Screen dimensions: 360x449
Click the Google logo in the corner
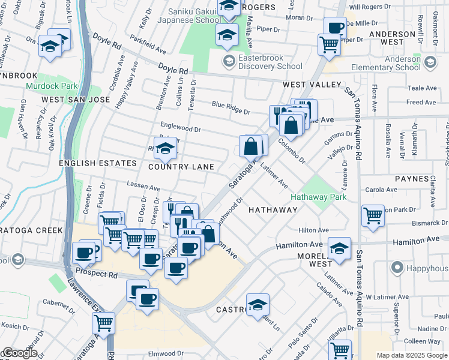(20, 353)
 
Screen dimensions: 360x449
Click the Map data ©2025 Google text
(412, 356)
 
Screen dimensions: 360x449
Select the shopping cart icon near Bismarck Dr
(373, 215)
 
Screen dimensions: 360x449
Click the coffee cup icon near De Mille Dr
(336, 27)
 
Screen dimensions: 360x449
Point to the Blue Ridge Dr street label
(231, 107)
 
